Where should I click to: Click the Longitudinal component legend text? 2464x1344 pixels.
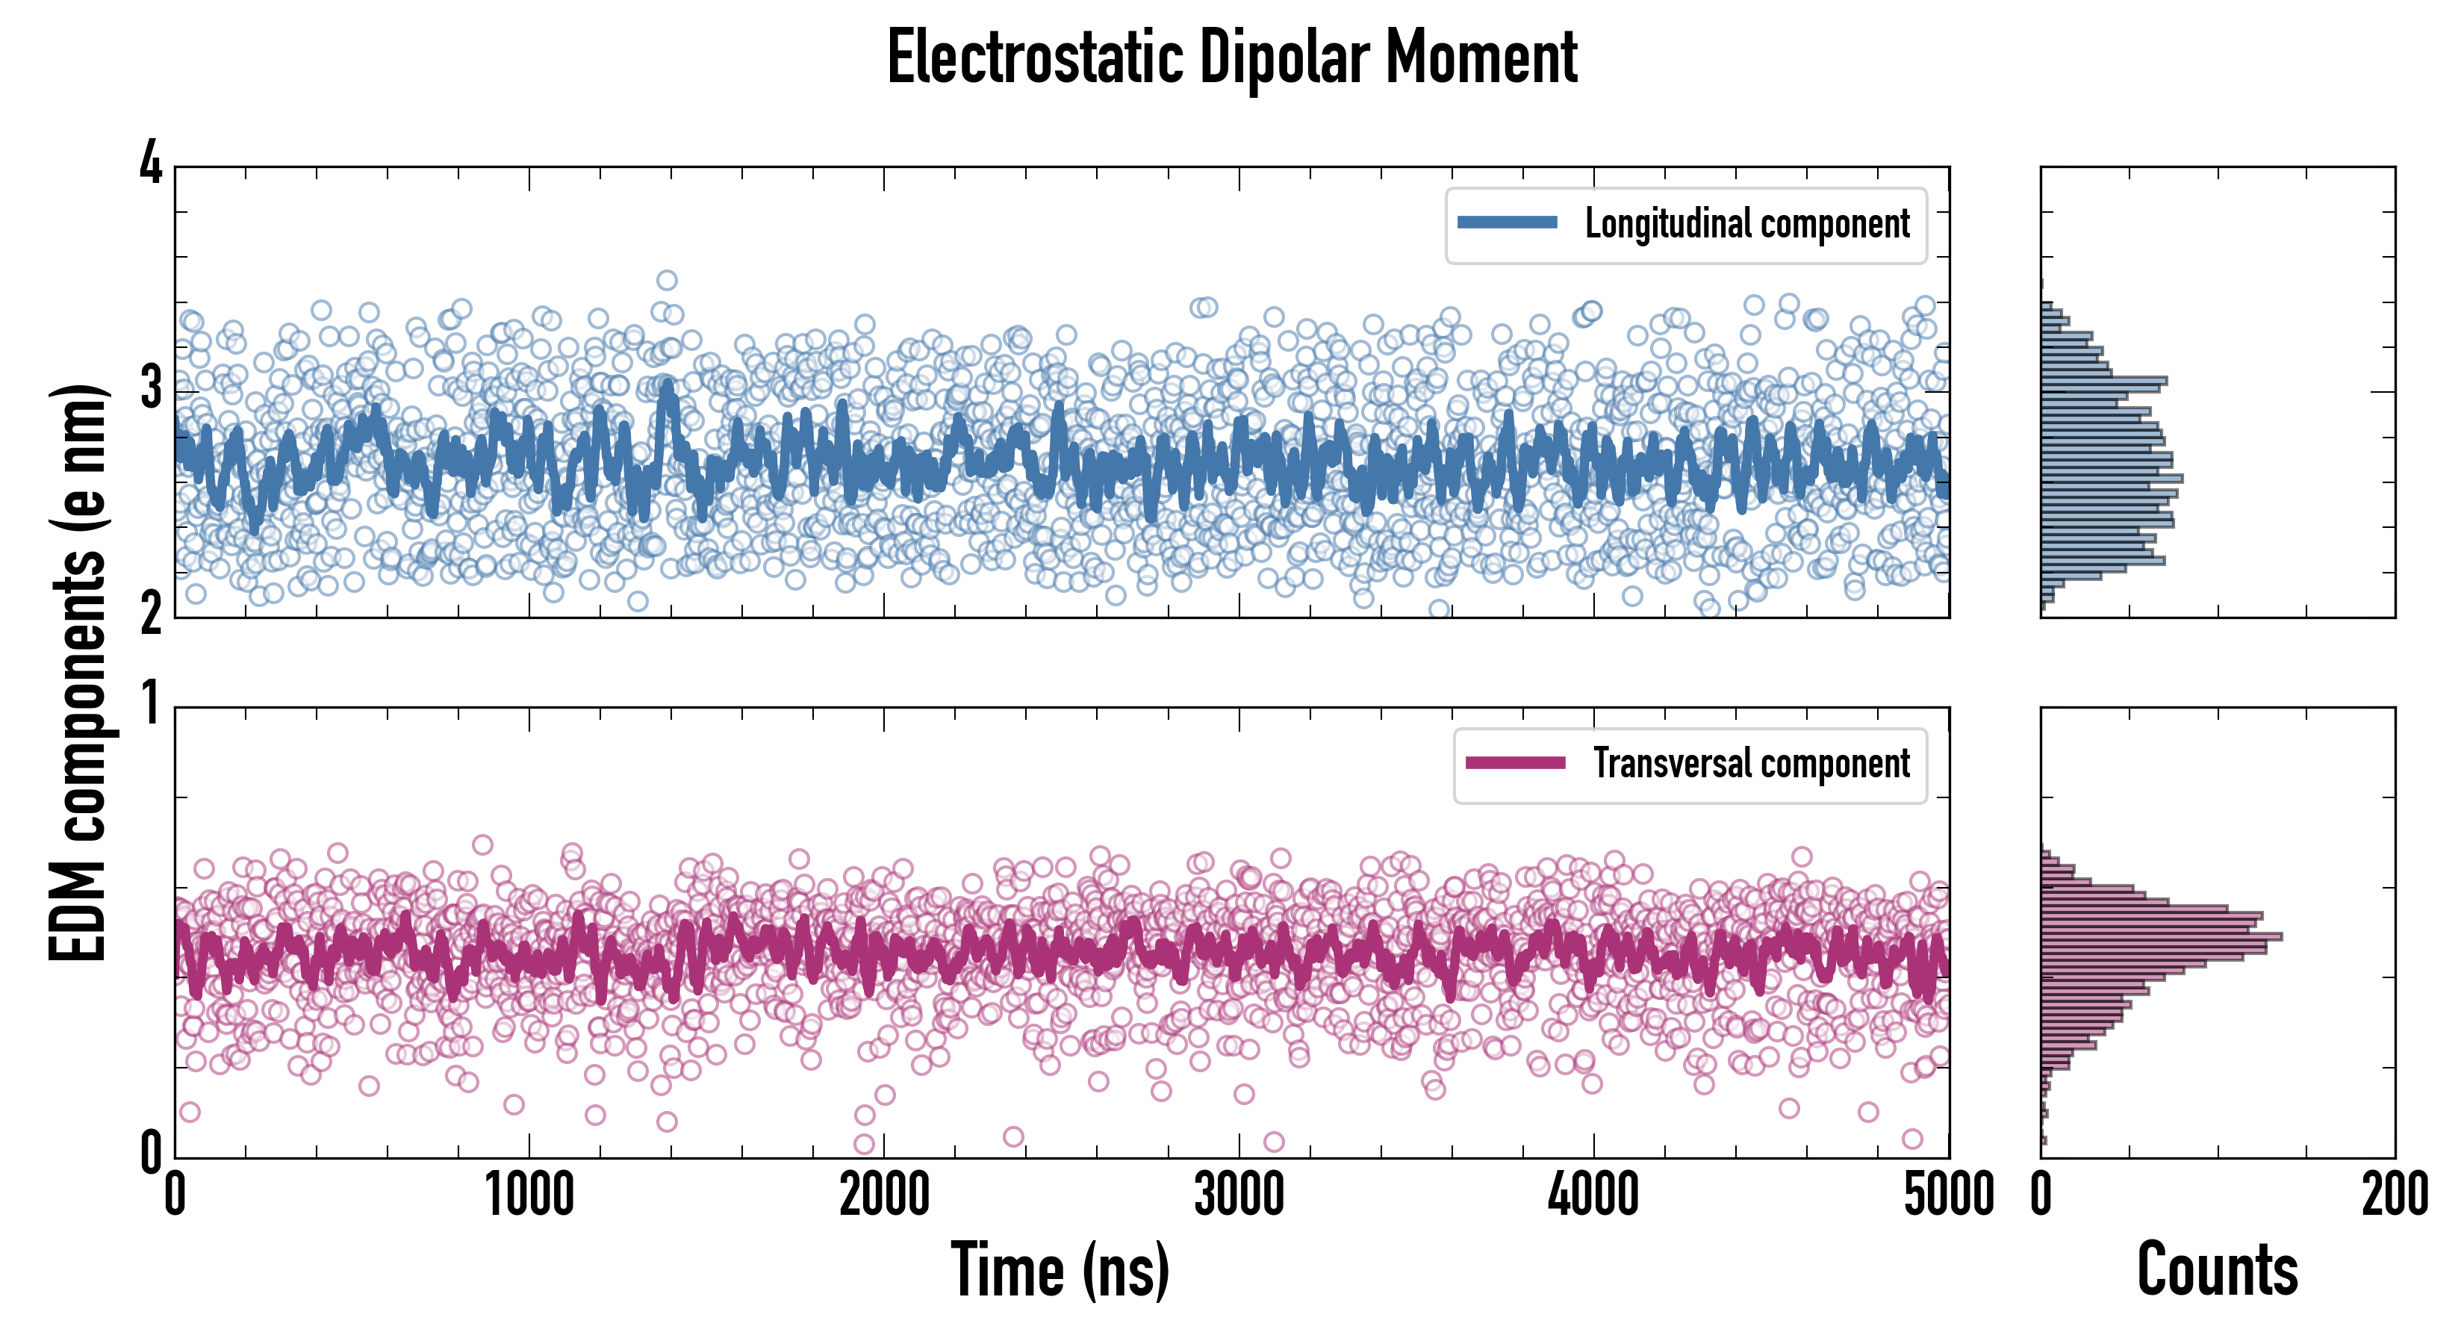[1746, 224]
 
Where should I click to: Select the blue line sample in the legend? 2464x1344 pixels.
[1508, 223]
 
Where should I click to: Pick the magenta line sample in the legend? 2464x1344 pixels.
[1515, 762]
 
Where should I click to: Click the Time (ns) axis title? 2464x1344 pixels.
[1060, 1269]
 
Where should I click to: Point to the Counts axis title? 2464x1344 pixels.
[2217, 1269]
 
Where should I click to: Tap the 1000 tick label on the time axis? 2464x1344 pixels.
[529, 1195]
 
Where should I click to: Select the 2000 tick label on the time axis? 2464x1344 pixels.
[884, 1195]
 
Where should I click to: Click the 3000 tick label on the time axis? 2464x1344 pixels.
[1239, 1195]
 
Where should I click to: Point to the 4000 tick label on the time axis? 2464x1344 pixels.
[1593, 1195]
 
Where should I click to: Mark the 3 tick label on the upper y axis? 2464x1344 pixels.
[151, 389]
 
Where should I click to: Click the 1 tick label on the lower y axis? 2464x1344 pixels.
[151, 705]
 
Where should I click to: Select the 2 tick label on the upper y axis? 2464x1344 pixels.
[151, 614]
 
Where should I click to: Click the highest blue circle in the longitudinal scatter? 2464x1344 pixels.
[667, 280]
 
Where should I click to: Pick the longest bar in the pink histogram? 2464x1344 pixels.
[2162, 936]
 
